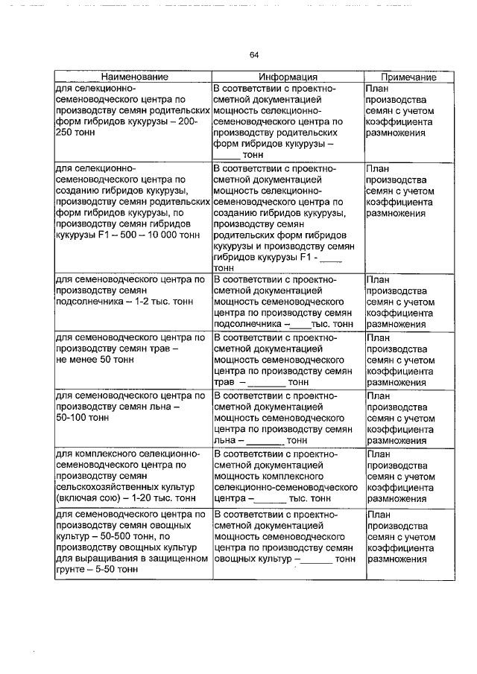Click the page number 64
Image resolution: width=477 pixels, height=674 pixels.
point(253,54)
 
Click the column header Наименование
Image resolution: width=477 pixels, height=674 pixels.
point(134,77)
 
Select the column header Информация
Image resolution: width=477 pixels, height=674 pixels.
point(288,77)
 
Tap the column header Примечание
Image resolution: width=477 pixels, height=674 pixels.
point(408,77)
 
